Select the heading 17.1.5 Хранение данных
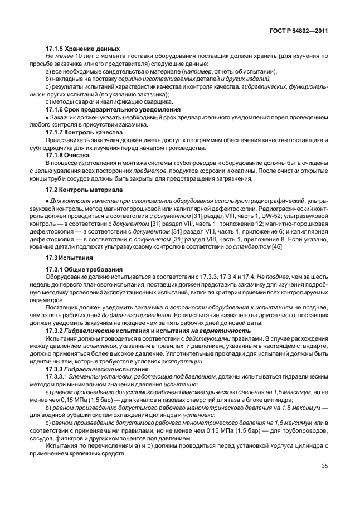click(x=82, y=49)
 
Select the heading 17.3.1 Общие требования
click(x=84, y=270)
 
